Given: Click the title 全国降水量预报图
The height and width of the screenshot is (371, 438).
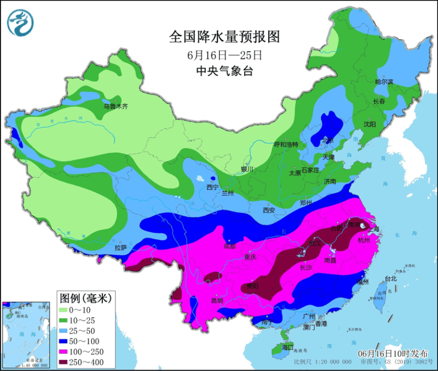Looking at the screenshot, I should [223, 37].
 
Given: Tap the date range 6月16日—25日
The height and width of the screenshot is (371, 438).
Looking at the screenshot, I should [223, 55].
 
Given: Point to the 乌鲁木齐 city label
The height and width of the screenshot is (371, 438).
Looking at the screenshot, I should [115, 106].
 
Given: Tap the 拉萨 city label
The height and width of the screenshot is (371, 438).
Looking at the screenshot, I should [121, 247].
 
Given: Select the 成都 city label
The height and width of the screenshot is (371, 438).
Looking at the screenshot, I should [230, 245].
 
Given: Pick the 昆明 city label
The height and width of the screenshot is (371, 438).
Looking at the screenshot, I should [217, 301].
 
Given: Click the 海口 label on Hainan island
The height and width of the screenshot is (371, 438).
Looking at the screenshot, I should [287, 348].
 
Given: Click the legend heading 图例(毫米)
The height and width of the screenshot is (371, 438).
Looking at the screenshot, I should [84, 299].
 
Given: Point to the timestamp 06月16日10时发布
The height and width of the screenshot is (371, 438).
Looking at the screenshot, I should [392, 353].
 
